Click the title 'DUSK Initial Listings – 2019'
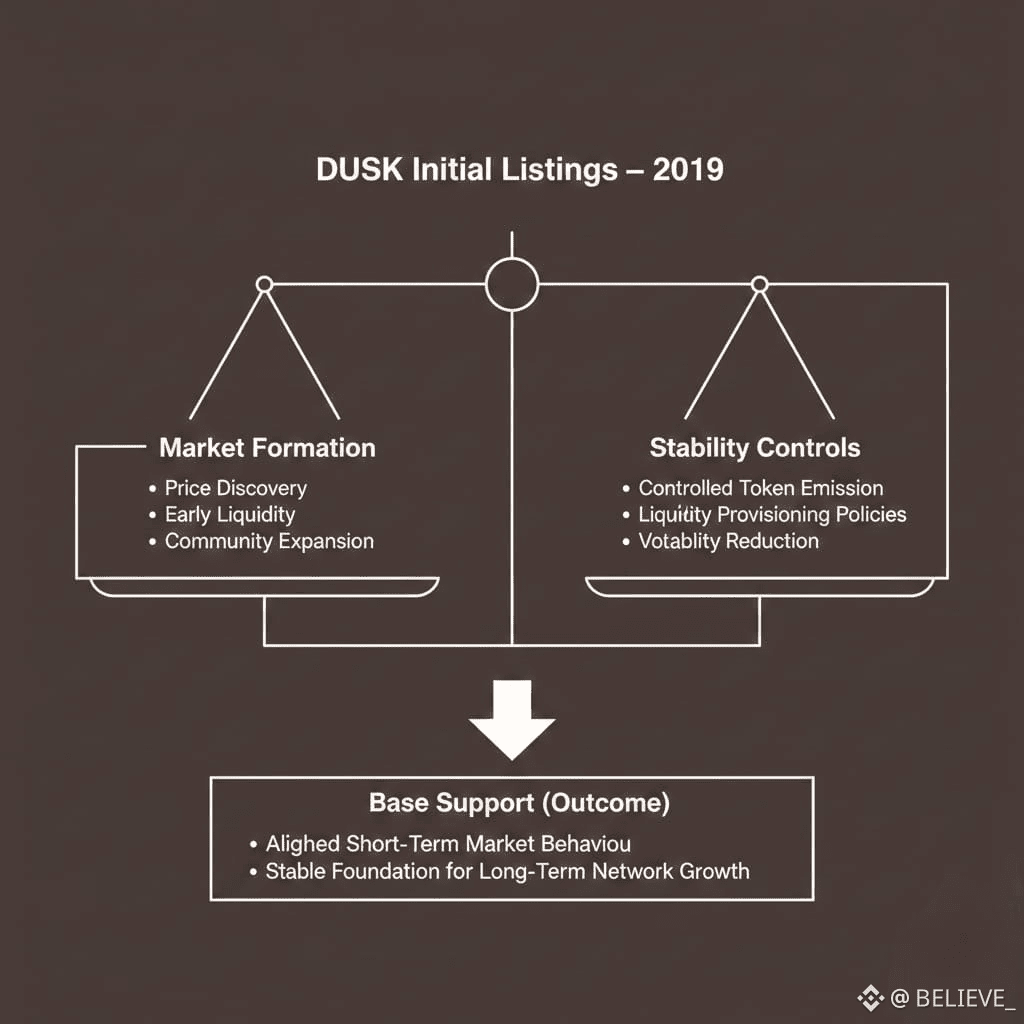pyautogui.click(x=519, y=169)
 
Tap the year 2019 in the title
pyautogui.click(x=687, y=169)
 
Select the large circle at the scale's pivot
pyautogui.click(x=511, y=285)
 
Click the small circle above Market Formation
pyautogui.click(x=264, y=285)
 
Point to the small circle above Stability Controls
pyautogui.click(x=759, y=285)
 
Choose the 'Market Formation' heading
pyautogui.click(x=267, y=447)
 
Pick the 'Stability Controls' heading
pyautogui.click(x=755, y=447)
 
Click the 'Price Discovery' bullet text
pyautogui.click(x=235, y=488)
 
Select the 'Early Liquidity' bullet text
pyautogui.click(x=230, y=515)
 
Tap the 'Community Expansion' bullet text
pyautogui.click(x=269, y=541)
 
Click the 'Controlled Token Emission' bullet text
pyautogui.click(x=761, y=488)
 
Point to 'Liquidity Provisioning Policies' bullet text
pyautogui.click(x=772, y=515)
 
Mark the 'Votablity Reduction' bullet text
pyautogui.click(x=728, y=541)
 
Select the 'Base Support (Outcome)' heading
pyautogui.click(x=519, y=802)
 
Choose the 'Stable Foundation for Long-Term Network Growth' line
pyautogui.click(x=507, y=870)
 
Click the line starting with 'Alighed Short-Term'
pyautogui.click(x=448, y=843)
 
